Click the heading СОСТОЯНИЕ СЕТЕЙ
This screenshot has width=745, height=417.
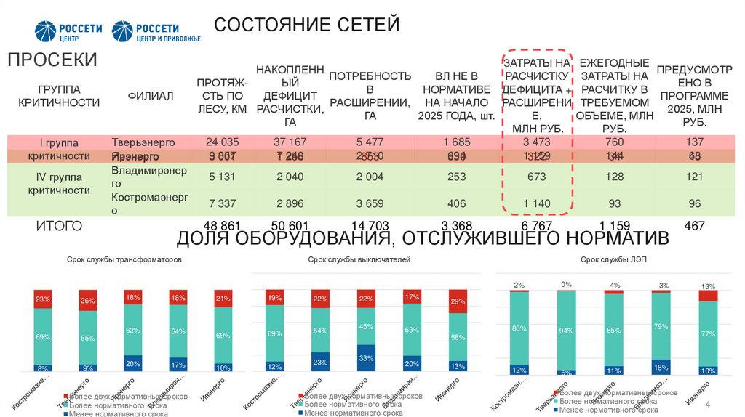306,25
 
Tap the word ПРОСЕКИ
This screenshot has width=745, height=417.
52,60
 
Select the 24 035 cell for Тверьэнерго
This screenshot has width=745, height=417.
222,141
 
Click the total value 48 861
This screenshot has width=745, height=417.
222,226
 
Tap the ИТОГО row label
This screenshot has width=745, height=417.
59,226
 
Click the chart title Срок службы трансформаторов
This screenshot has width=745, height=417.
124,259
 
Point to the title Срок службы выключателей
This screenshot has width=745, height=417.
359,259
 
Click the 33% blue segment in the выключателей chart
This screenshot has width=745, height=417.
367,358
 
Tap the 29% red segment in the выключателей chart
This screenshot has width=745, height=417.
458,301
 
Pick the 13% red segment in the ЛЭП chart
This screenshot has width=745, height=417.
707,295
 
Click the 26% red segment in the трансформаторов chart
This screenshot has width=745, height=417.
88,301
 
